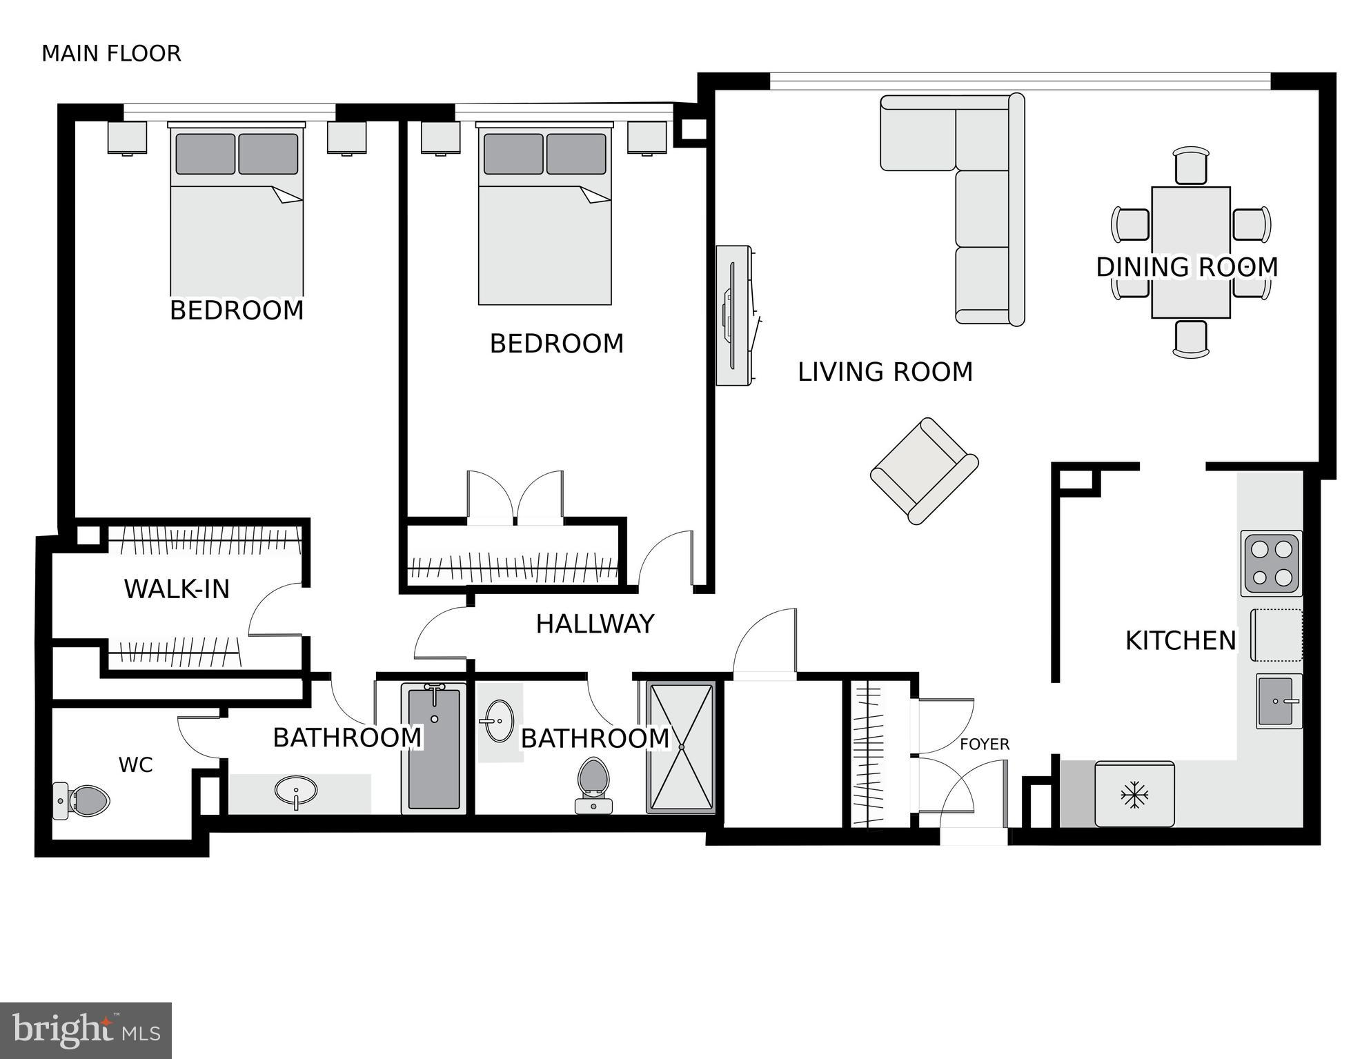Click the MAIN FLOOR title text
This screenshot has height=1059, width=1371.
(x=111, y=54)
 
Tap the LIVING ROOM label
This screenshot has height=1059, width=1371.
(x=885, y=372)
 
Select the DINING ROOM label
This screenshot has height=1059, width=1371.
(x=1187, y=267)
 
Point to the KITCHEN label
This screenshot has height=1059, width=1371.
(x=1181, y=641)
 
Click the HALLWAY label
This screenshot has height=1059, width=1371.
(x=595, y=624)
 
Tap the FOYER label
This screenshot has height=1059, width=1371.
(x=985, y=744)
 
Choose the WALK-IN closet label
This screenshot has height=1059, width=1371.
(x=177, y=589)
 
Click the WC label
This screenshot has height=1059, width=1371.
(x=135, y=765)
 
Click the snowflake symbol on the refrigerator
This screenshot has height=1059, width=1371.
(x=1134, y=795)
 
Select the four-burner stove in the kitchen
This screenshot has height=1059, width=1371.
(x=1271, y=564)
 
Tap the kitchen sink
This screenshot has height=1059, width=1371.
(x=1279, y=701)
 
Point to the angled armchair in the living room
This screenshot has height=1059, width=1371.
(x=925, y=471)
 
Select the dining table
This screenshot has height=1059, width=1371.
(x=1191, y=253)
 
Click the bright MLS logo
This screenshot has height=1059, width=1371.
(x=86, y=1031)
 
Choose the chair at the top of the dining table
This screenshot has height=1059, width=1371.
(x=1191, y=165)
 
